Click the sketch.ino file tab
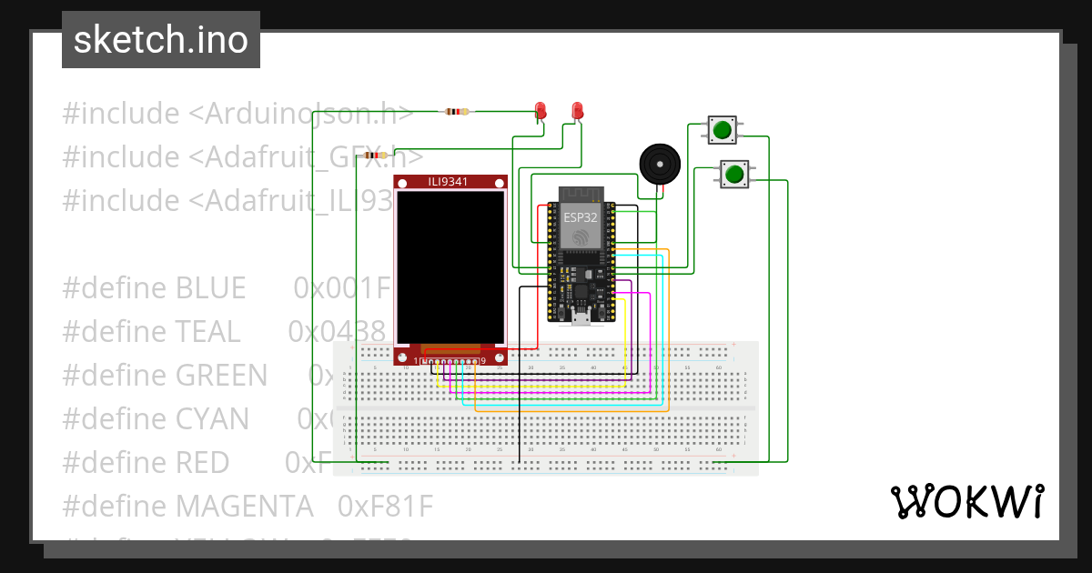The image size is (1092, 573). pos(161,40)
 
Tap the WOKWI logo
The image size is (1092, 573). pos(966,502)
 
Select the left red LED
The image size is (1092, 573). pos(541,111)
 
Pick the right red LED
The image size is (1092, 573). pos(577,111)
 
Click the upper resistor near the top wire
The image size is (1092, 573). pos(457,112)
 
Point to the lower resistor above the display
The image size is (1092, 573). pos(373,156)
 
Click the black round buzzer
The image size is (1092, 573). pos(660,164)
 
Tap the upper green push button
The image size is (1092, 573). pos(723,129)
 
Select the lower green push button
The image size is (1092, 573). pos(734,173)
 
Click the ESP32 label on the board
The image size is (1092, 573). pos(579,217)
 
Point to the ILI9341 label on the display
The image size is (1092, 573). pos(450,183)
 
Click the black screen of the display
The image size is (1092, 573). pos(450,267)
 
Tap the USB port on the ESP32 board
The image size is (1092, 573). pos(580,318)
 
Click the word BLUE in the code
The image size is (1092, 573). pos(210,288)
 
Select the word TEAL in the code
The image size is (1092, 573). pos(207,332)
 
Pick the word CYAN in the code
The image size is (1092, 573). pos(211,418)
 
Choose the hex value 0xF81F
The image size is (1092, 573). pos(385,505)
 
